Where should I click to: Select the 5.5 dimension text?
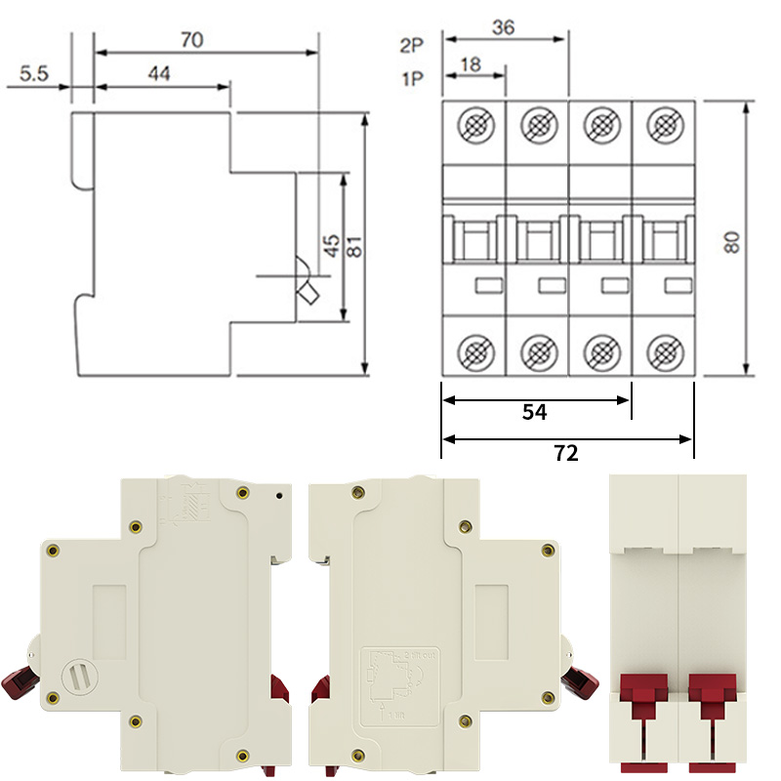point(34,73)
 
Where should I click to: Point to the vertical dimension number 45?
point(332,246)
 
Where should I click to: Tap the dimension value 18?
point(471,64)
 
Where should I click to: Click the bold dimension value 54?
point(534,412)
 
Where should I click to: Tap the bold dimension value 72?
point(566,452)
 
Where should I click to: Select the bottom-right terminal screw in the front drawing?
point(665,349)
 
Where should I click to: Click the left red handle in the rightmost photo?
point(645,695)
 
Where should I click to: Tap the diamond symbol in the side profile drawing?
point(309,294)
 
